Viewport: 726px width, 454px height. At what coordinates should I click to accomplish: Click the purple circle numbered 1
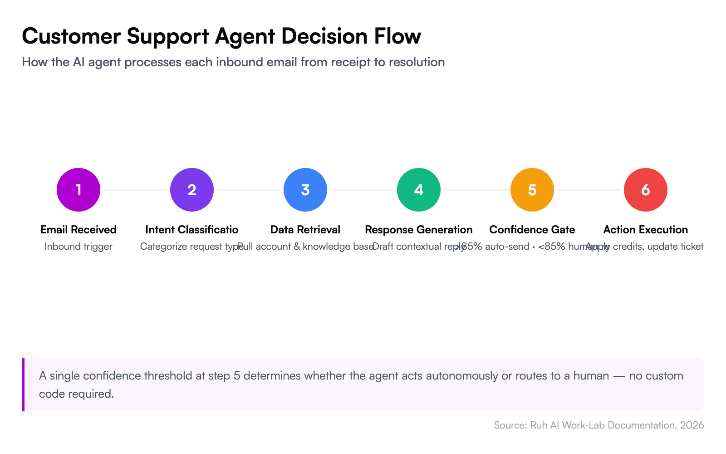pos(78,190)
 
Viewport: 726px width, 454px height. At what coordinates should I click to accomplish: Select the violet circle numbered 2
pos(192,190)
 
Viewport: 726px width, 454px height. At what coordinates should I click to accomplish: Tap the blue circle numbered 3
pos(305,190)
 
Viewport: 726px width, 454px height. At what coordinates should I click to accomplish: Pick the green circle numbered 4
pos(419,190)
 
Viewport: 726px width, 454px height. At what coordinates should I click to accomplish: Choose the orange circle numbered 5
pos(532,190)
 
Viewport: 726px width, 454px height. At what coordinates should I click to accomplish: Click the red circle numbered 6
pos(646,190)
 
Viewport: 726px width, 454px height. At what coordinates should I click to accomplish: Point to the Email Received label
pos(78,230)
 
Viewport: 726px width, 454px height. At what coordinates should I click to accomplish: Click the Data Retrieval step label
pos(305,230)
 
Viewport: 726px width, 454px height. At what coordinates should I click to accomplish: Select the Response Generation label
pos(419,230)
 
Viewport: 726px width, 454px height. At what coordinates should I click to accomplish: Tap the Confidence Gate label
pos(532,230)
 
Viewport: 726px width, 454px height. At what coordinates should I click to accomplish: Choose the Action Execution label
pos(646,230)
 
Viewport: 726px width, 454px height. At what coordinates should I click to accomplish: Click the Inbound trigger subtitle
pos(78,247)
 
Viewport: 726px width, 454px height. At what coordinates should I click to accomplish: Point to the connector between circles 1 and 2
pos(135,189)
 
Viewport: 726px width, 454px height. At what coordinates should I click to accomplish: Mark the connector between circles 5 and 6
pos(589,189)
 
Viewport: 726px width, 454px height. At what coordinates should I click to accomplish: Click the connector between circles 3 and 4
pos(362,189)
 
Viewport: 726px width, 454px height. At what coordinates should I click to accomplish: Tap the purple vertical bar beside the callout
pos(23,385)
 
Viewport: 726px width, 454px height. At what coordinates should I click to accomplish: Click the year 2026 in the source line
pos(692,425)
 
